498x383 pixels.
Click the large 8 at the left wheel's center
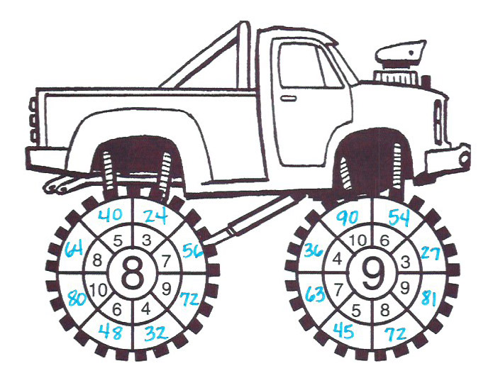[133, 273]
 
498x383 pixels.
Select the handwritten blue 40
[110, 216]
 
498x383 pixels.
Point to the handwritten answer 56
[193, 251]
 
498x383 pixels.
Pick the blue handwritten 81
[430, 299]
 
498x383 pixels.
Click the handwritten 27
[431, 253]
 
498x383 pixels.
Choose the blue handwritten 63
[315, 294]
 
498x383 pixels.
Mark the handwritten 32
[156, 333]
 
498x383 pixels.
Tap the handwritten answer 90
[347, 218]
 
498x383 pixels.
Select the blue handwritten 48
[110, 332]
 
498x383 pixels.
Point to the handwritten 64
[74, 249]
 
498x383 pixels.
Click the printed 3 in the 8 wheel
[146, 241]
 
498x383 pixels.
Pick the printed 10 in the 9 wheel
[358, 240]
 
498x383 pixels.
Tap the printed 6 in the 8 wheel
[117, 309]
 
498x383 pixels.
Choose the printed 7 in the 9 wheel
[338, 289]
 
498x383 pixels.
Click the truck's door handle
[289, 99]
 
